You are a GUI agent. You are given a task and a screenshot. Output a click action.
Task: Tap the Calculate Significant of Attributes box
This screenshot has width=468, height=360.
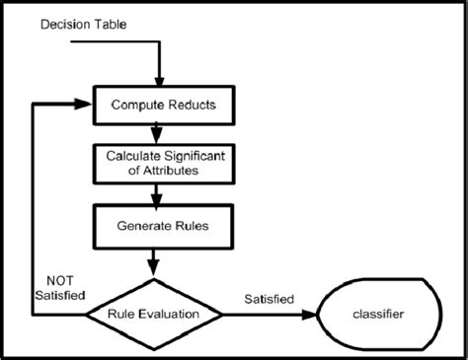coord(153,162)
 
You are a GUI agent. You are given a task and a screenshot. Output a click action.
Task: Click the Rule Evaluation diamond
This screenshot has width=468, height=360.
coord(153,315)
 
